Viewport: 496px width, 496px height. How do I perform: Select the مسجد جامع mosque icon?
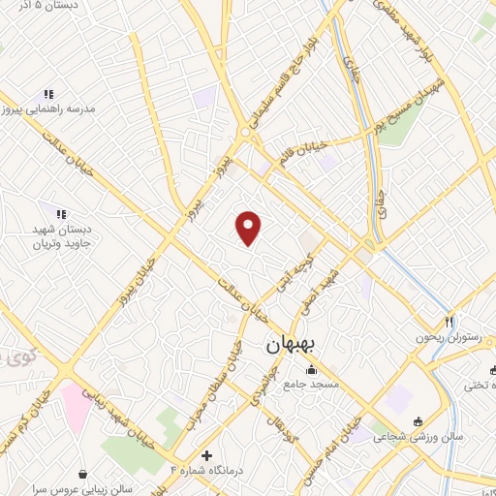[x=311, y=369]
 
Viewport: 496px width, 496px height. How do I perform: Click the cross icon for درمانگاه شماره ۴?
[x=205, y=454]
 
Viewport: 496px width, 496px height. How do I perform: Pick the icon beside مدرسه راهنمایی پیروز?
[x=47, y=94]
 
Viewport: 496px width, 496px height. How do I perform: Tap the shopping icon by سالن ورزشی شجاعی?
[x=418, y=421]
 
